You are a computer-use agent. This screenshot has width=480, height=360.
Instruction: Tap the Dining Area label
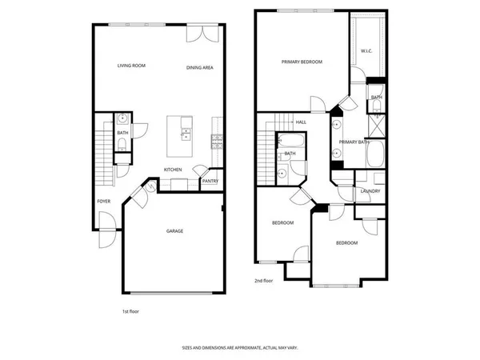[199, 68]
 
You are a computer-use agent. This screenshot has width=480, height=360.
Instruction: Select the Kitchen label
[173, 170]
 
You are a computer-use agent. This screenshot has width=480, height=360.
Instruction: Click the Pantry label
[210, 181]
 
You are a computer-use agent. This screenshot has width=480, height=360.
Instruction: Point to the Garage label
[174, 231]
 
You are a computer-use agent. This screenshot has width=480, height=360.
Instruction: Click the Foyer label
[104, 201]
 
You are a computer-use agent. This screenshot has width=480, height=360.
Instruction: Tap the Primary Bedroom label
[301, 61]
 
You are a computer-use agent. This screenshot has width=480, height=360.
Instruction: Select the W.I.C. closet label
[366, 51]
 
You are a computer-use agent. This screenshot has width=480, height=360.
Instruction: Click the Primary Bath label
[352, 142]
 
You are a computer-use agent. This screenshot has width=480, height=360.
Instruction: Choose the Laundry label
[370, 191]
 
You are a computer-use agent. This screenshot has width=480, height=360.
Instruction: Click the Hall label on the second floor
[301, 122]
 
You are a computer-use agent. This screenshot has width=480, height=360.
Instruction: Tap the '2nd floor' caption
[264, 281]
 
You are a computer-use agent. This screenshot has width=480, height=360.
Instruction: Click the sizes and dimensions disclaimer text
[239, 348]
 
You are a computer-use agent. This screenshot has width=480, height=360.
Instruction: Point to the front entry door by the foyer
[104, 238]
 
